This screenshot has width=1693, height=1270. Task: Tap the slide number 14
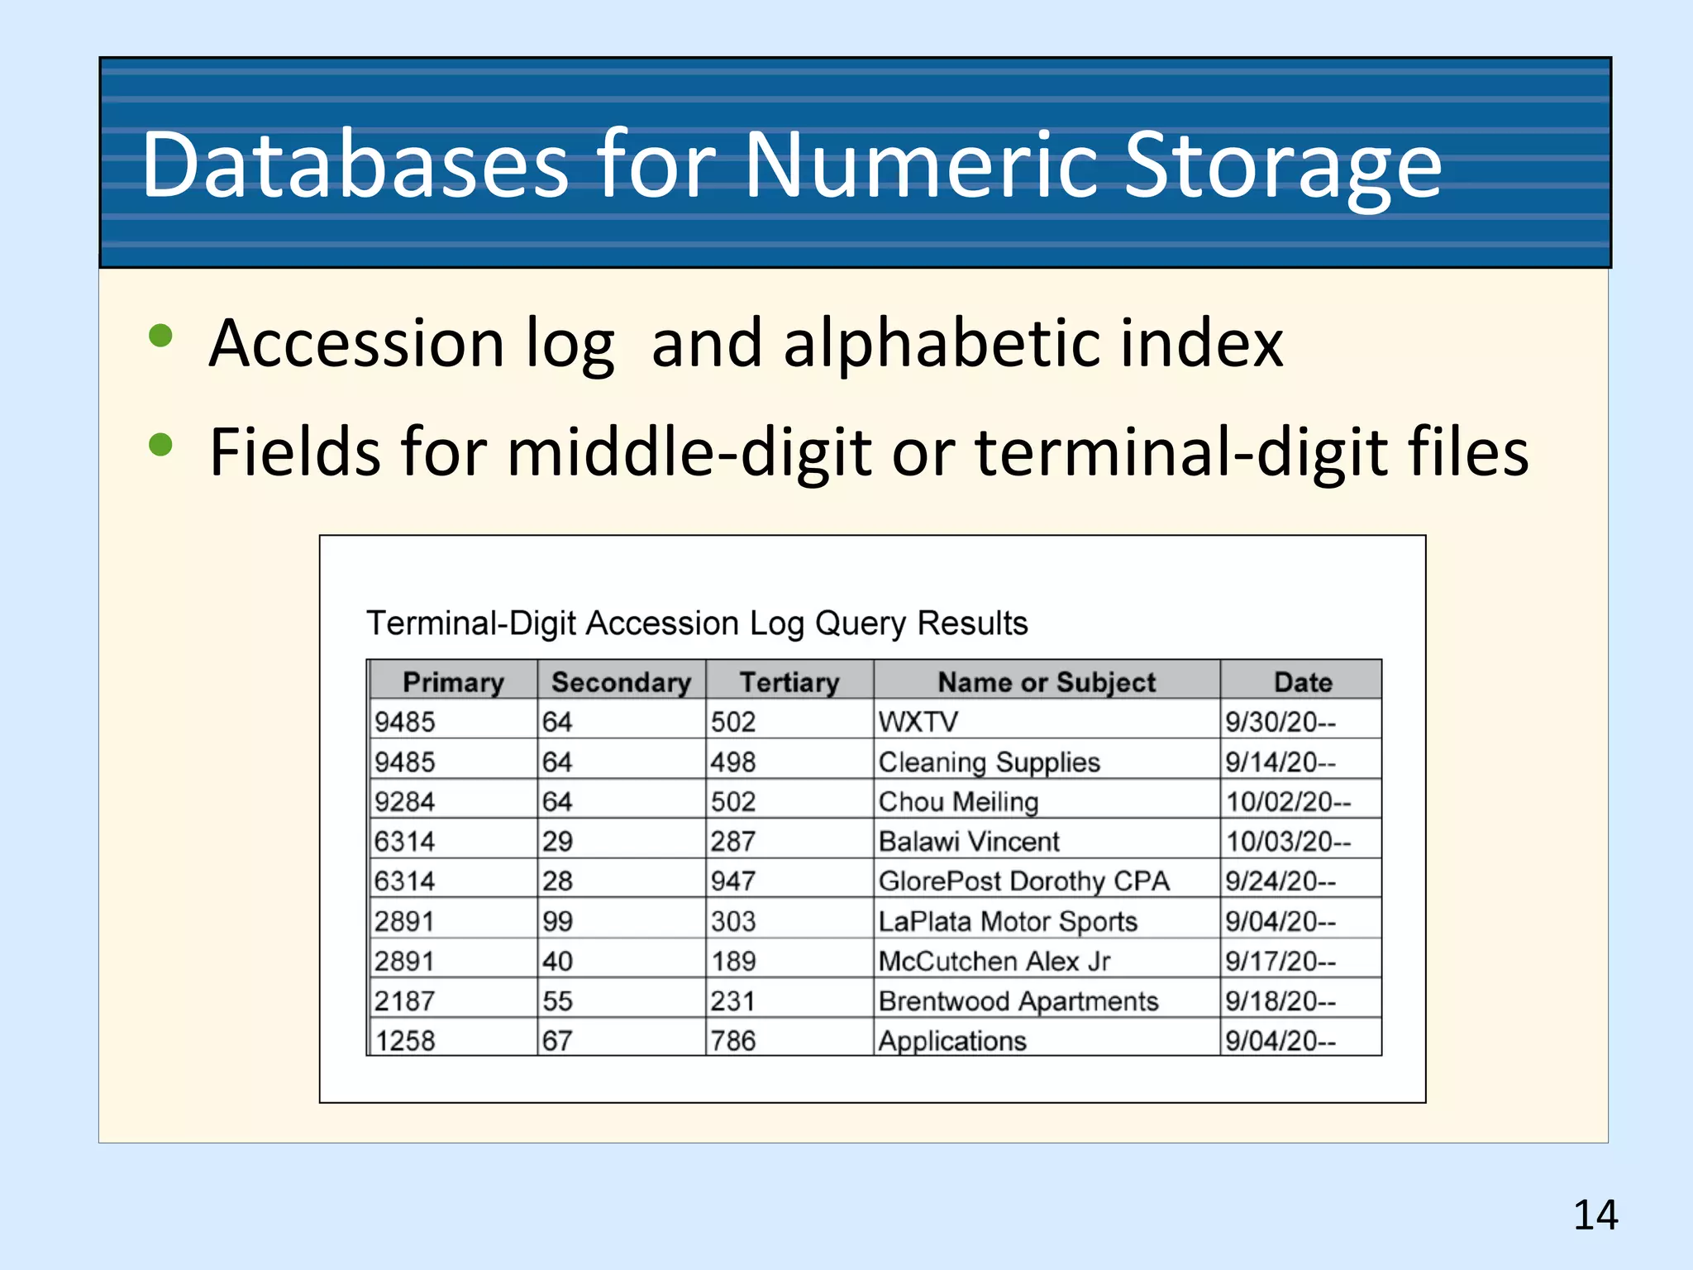[x=1595, y=1215]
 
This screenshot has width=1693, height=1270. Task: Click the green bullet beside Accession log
[x=160, y=336]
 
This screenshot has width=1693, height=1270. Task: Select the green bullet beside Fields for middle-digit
[x=160, y=445]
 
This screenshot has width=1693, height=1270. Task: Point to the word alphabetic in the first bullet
[x=941, y=342]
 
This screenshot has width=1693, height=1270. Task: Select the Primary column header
[x=453, y=682]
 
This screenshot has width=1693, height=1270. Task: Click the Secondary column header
[x=621, y=682]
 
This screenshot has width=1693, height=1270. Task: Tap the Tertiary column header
[x=789, y=682]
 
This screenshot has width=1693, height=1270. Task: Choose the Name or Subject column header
[x=1047, y=682]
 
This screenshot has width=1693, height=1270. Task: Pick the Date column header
[x=1303, y=682]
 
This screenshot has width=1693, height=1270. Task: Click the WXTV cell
[x=918, y=722]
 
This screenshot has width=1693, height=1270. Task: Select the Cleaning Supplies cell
[x=989, y=762]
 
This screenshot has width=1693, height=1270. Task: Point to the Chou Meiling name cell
[x=958, y=802]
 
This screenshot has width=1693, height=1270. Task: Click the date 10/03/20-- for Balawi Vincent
[x=1288, y=842]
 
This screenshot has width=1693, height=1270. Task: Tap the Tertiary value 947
[x=733, y=881]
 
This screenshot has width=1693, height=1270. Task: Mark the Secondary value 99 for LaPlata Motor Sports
[x=558, y=921]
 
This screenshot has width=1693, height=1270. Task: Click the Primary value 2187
[x=404, y=1001]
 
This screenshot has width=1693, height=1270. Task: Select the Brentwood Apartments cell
[x=1018, y=1001]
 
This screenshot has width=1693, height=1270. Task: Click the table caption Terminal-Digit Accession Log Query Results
[x=697, y=623]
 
